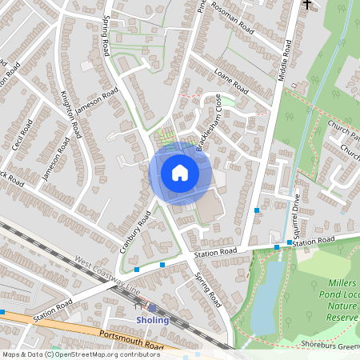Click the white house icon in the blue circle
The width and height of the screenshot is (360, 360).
click(180, 173)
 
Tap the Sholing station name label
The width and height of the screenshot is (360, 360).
click(152, 320)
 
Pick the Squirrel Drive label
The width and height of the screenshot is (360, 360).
click(297, 214)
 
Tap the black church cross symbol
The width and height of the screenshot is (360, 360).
click(306, 5)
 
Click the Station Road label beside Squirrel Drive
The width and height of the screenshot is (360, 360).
click(314, 242)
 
